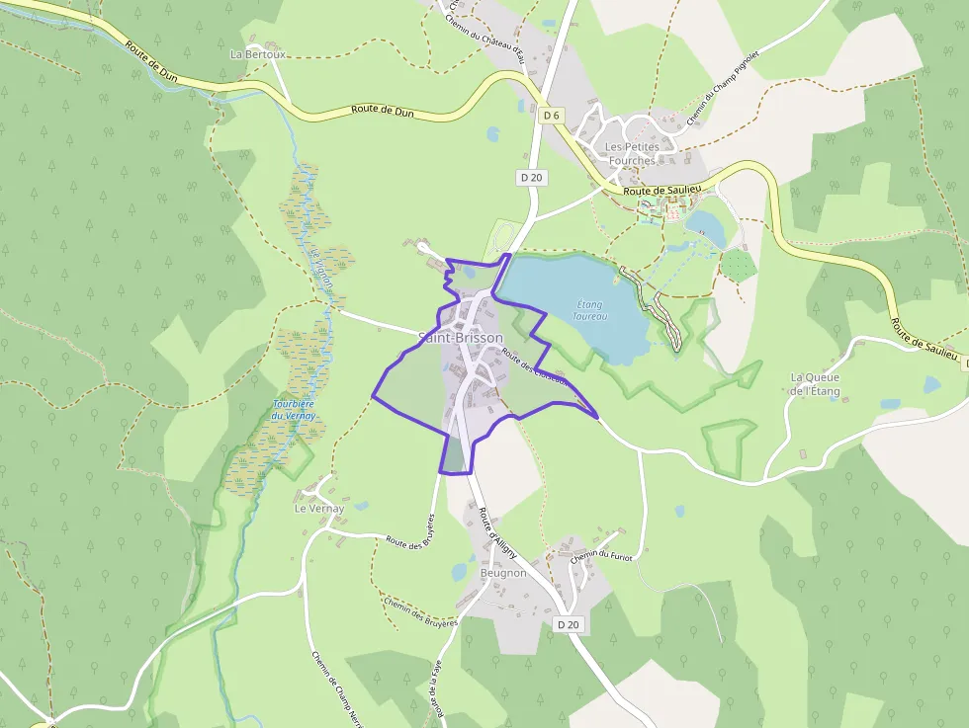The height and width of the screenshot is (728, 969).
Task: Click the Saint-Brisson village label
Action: click(x=461, y=338)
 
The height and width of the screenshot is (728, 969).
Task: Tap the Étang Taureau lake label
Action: click(x=590, y=310)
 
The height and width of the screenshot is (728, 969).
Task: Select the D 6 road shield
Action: click(x=552, y=116)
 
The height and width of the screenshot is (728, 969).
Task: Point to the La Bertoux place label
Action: click(x=257, y=54)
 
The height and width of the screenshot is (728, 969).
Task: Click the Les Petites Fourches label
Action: click(x=632, y=153)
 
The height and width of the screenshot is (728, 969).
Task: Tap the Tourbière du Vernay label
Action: click(x=294, y=410)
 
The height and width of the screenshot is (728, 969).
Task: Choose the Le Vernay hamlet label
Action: click(x=319, y=509)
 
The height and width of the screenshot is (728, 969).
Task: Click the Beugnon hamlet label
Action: click(x=503, y=573)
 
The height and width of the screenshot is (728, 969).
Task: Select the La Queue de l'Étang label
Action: click(x=815, y=384)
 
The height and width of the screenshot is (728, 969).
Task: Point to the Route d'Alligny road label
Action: click(x=491, y=532)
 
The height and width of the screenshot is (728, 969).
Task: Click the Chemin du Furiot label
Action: click(x=600, y=556)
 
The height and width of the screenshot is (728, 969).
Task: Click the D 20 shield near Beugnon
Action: click(x=568, y=624)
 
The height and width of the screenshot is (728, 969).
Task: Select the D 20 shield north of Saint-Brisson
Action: click(x=531, y=177)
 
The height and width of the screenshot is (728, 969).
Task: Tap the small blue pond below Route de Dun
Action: click(x=493, y=134)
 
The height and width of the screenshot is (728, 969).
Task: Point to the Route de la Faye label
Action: click(x=435, y=691)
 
